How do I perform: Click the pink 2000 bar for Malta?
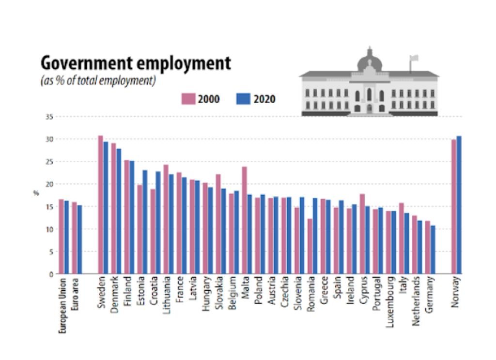pyautogui.click(x=244, y=220)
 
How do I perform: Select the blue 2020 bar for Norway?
pyautogui.click(x=459, y=205)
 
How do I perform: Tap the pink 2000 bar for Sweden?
pyautogui.click(x=101, y=204)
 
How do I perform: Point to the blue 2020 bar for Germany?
pyautogui.click(x=433, y=250)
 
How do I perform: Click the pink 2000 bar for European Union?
pyautogui.click(x=62, y=236)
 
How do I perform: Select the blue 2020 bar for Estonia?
pyautogui.click(x=145, y=222)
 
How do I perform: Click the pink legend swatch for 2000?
pyautogui.click(x=188, y=99)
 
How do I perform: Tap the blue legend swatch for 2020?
pyautogui.click(x=243, y=99)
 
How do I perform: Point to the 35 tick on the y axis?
pyautogui.click(x=50, y=117)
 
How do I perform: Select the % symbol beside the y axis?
pyautogui.click(x=36, y=193)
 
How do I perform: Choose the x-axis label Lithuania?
pyautogui.click(x=167, y=296)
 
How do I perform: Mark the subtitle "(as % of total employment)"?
pyautogui.click(x=98, y=80)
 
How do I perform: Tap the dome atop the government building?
pyautogui.click(x=370, y=61)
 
